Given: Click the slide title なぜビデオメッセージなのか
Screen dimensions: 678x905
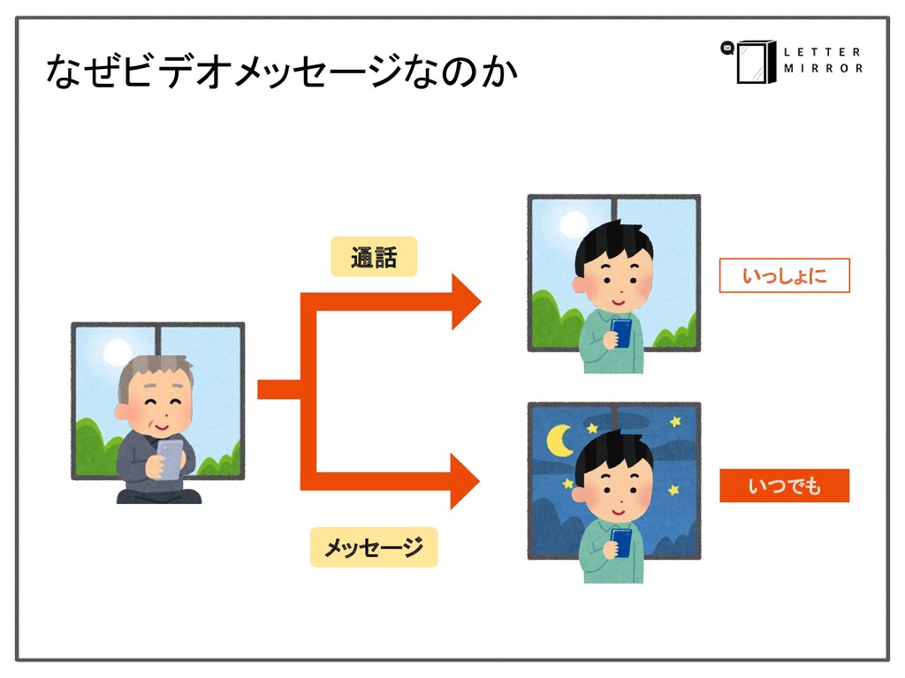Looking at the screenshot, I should tap(281, 72).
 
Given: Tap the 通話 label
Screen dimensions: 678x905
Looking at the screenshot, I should tap(373, 259).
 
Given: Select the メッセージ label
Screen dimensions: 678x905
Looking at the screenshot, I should tap(373, 548).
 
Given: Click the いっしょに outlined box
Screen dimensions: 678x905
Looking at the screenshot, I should tap(784, 276).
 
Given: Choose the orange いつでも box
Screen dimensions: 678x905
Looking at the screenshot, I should tap(784, 486).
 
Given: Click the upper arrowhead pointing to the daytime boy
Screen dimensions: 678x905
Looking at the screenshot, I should tap(465, 302).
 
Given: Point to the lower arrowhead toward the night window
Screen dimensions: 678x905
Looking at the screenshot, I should tap(465, 481).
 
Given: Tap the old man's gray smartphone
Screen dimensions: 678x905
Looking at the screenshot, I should tap(169, 458).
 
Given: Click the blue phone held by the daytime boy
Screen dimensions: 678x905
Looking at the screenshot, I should tap(620, 334).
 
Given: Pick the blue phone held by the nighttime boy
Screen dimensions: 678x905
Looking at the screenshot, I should tap(620, 541).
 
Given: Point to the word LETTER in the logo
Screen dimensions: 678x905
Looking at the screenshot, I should tap(821, 51).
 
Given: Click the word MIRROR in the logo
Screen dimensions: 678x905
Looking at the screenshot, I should tap(822, 69).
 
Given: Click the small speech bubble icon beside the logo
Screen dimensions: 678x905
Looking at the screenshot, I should tap(727, 48).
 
